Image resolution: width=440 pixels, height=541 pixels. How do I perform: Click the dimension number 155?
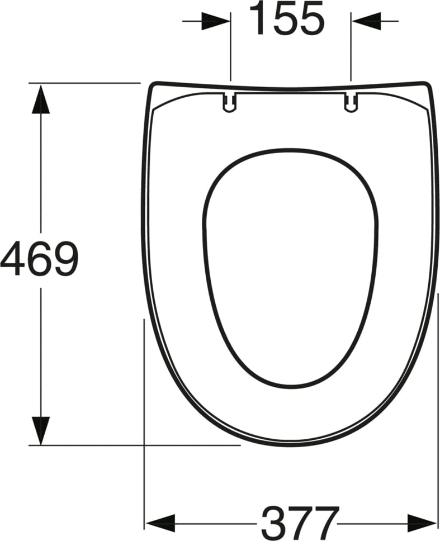coord(286,18)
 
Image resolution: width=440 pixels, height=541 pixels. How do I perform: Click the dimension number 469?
coord(39,259)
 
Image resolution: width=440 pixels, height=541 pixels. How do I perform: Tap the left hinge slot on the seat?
coord(230,102)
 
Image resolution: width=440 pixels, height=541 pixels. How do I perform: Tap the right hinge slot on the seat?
coord(351,102)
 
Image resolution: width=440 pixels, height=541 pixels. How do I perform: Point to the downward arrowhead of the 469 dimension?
coord(41,430)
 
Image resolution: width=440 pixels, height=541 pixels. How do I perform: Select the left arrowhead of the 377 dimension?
coord(159,523)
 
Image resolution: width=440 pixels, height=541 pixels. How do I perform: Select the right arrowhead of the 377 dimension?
coord(423,523)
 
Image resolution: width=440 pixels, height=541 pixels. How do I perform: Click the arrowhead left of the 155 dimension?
coord(216,22)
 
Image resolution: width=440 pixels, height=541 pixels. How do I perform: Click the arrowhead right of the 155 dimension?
coord(366,22)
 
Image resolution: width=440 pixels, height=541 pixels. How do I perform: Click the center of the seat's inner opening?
coord(290,268)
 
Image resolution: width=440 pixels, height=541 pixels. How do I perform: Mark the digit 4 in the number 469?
coord(12,259)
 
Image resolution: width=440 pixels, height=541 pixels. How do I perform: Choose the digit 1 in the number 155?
coord(259,18)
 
